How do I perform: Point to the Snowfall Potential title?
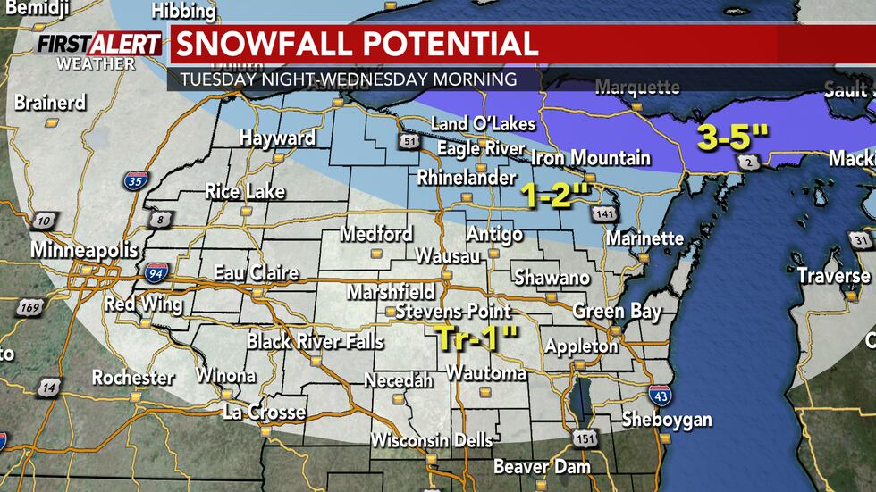click(355, 44)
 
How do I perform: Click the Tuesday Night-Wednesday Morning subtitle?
click(348, 79)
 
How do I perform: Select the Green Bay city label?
click(617, 311)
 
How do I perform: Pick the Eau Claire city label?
click(256, 272)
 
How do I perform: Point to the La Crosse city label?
click(264, 413)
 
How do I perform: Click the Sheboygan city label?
click(667, 419)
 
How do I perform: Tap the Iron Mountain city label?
click(591, 158)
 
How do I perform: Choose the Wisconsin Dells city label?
click(432, 440)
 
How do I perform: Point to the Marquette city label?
click(636, 87)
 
